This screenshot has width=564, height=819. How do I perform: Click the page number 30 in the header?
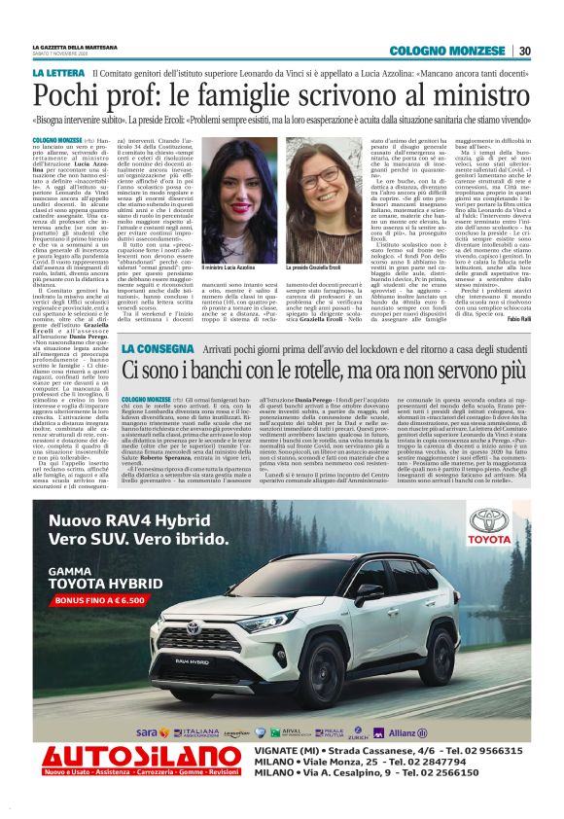(524, 51)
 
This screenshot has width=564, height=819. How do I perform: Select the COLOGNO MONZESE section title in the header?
(458, 51)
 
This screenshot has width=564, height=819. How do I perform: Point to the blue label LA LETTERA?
(57, 73)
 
